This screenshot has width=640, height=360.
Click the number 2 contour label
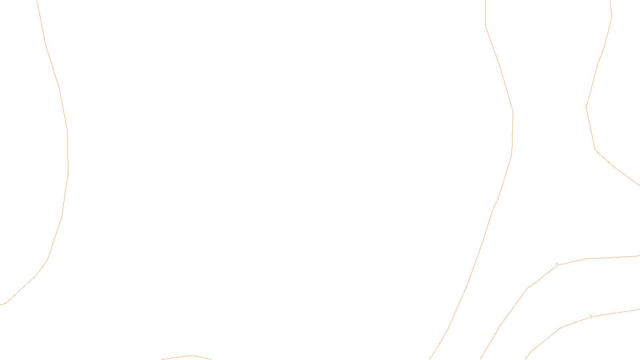556,265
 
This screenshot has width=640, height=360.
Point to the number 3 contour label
590,317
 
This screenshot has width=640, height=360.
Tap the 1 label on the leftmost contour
68,174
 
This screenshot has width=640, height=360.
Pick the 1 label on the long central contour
498,198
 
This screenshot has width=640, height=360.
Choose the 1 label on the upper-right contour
586,106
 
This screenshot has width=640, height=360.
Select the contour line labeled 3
616,313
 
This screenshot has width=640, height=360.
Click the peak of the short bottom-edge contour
192,355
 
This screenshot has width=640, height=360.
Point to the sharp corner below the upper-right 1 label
595,150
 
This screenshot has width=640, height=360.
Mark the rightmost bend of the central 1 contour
513,112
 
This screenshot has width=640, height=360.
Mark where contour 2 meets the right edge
639,256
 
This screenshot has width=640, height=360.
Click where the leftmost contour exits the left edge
1,305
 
